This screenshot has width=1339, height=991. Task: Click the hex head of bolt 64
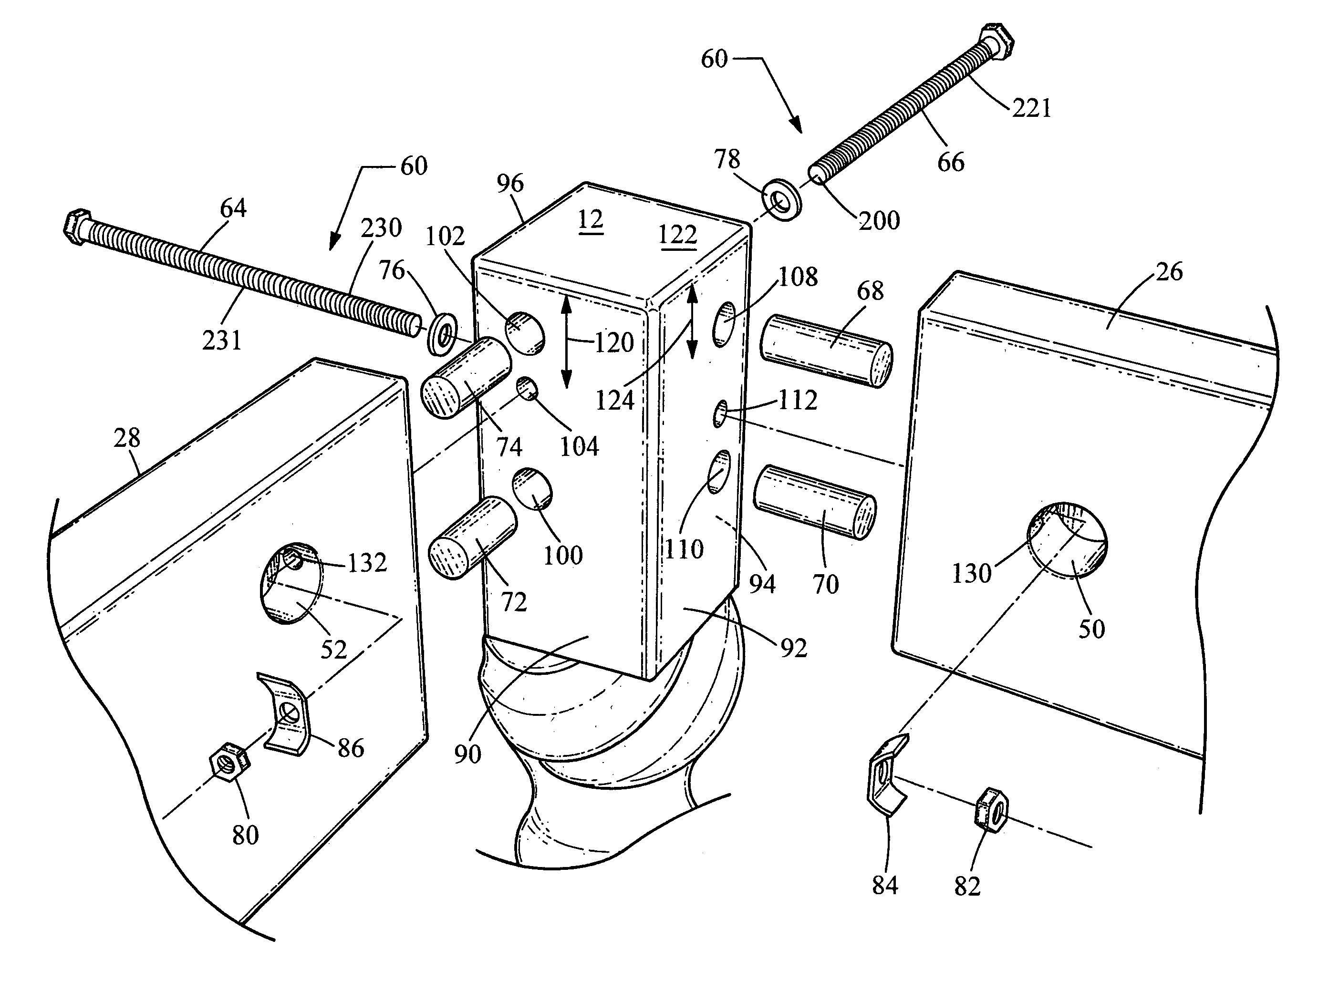[x=77, y=226]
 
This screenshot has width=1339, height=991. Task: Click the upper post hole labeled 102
[x=524, y=332]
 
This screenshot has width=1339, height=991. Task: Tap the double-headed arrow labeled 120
[x=566, y=342]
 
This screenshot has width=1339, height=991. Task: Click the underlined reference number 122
[x=677, y=234]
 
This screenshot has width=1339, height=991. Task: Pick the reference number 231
[x=221, y=341]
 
